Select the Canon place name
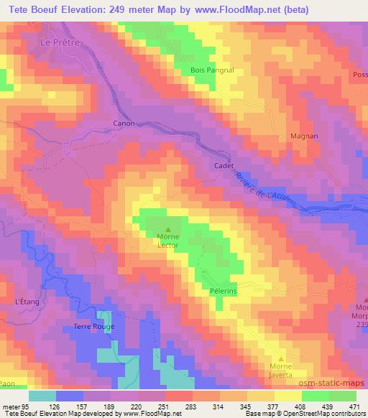[124, 124]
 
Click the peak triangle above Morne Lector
[168, 230]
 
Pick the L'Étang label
[26, 302]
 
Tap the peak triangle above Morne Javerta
[281, 358]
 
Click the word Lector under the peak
[168, 245]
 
